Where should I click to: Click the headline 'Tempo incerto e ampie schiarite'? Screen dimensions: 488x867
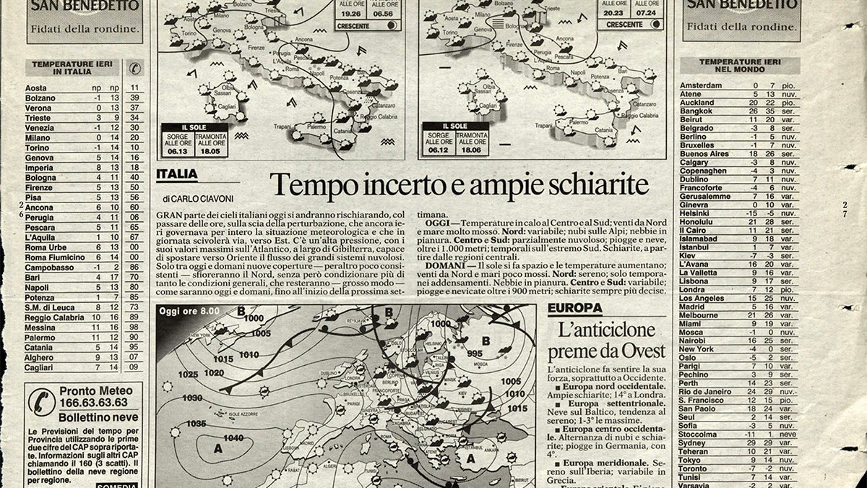[x=459, y=185]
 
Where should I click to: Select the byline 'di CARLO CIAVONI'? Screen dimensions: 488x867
[x=194, y=199]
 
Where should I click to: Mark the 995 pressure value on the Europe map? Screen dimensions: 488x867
[x=474, y=354]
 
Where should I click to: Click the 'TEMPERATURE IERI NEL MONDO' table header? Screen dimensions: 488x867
[x=740, y=67]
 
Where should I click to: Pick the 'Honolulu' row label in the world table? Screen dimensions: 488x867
[x=697, y=221]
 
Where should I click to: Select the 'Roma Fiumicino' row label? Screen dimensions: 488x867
[x=55, y=257]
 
